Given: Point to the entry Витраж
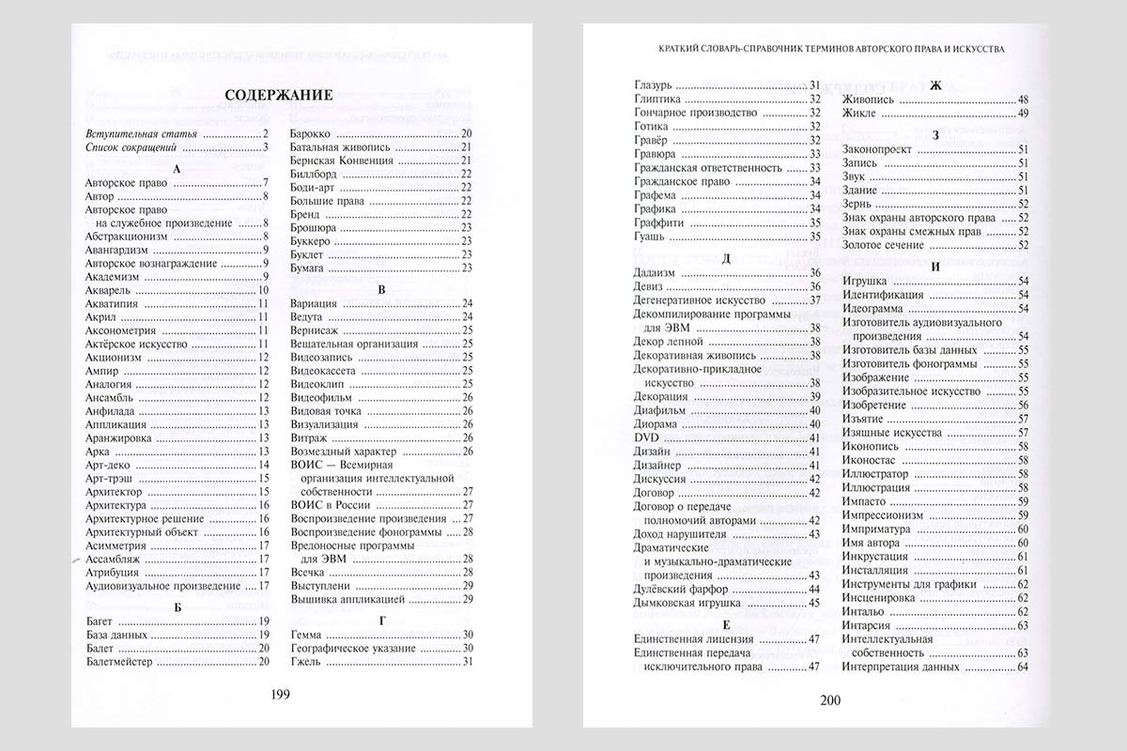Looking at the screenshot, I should click(311, 437).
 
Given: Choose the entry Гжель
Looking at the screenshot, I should click(306, 662).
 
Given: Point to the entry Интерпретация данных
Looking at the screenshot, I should click(901, 667).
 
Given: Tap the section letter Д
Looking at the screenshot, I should click(726, 256).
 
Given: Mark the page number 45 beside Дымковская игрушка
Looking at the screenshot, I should click(815, 603).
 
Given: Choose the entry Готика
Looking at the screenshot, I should click(652, 126).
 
